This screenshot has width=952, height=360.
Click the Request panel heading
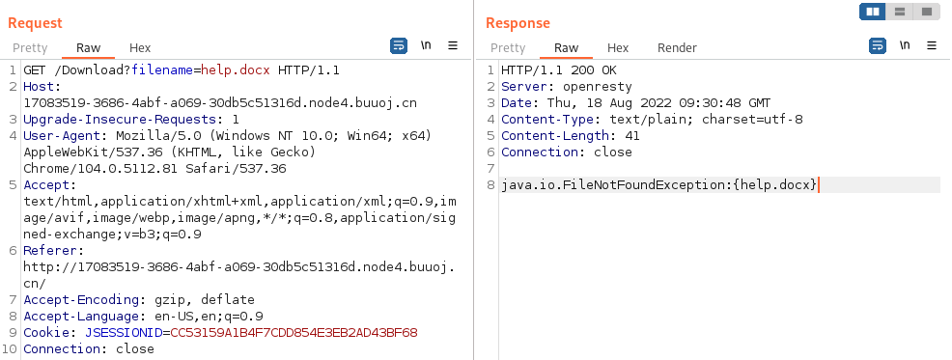point(35,22)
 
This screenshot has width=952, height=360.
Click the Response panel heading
point(518,22)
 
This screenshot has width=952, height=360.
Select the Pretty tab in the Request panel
point(29,47)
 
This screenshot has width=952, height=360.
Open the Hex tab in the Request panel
point(140,47)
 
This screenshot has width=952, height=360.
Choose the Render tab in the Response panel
point(677,47)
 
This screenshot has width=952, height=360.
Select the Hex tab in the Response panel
point(618,47)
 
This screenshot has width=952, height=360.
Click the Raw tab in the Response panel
point(566,47)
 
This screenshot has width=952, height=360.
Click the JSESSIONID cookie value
point(294,332)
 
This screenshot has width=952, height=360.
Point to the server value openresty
point(598,87)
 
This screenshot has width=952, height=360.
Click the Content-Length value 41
point(632,136)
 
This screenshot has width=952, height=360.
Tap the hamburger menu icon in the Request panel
point(452,45)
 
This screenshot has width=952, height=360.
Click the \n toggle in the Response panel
point(905,45)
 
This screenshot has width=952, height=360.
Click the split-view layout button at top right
point(873,12)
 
